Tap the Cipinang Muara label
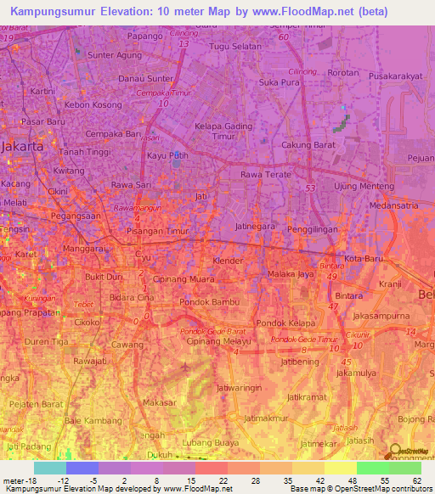[184, 278]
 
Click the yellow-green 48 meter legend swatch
[340, 468]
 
